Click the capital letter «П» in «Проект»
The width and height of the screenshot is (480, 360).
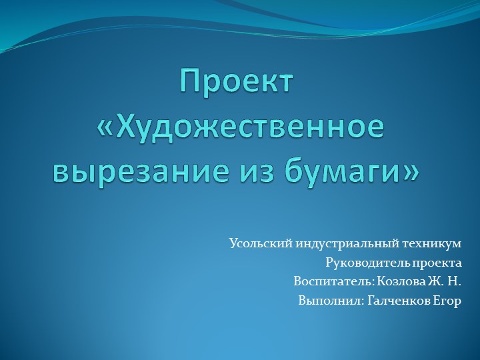190,81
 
